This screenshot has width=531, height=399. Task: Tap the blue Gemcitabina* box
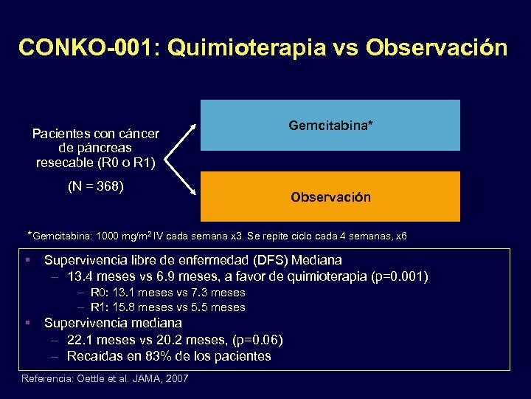(330, 126)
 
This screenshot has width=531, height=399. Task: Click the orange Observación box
(330, 197)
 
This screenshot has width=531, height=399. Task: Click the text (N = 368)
(95, 186)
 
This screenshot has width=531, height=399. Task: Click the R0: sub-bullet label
(100, 293)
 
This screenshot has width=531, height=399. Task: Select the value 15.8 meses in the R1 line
(139, 307)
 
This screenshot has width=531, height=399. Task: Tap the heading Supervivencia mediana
(113, 323)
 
